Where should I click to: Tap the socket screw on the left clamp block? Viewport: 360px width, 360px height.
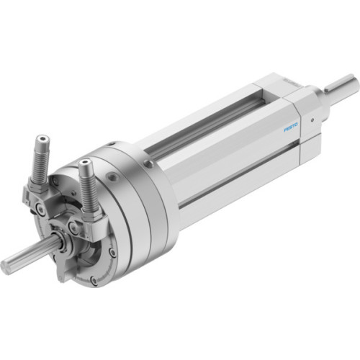coord(42,209)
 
